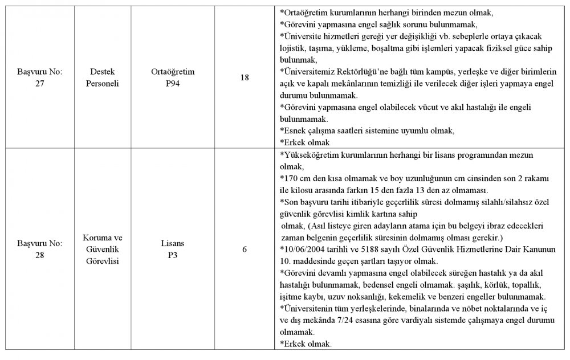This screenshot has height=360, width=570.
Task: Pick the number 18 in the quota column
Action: [x=245, y=77]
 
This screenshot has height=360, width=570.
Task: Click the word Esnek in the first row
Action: [x=297, y=130]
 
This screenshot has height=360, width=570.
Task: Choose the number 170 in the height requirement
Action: [x=291, y=178]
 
